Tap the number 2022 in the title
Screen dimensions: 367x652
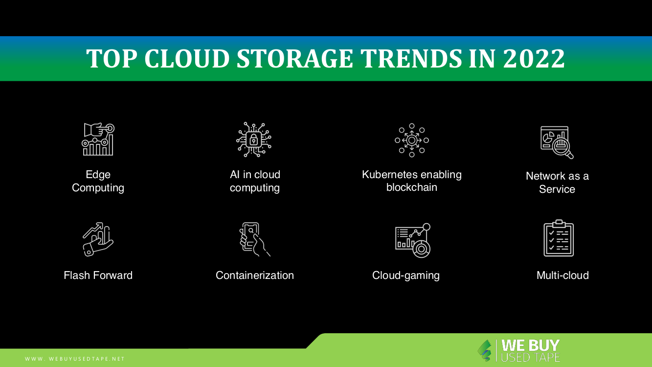coord(534,59)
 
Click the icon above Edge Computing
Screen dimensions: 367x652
coord(98,139)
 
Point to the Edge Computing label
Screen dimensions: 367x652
coord(98,181)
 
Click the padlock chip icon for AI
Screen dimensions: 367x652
coord(254,140)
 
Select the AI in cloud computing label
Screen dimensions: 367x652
coord(255,181)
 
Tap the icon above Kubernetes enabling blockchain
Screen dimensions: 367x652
coord(412,140)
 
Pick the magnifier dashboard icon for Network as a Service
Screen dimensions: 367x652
coord(557,142)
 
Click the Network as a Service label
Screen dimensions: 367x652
coord(557,183)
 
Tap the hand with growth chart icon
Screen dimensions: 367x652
coord(98,239)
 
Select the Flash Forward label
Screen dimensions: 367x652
coord(98,275)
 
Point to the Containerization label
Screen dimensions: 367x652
coord(255,275)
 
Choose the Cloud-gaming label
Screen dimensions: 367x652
coord(406,275)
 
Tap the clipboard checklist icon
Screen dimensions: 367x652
coord(559,238)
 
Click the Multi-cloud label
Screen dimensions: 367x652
coord(562,275)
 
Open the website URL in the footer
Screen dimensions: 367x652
coord(75,359)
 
